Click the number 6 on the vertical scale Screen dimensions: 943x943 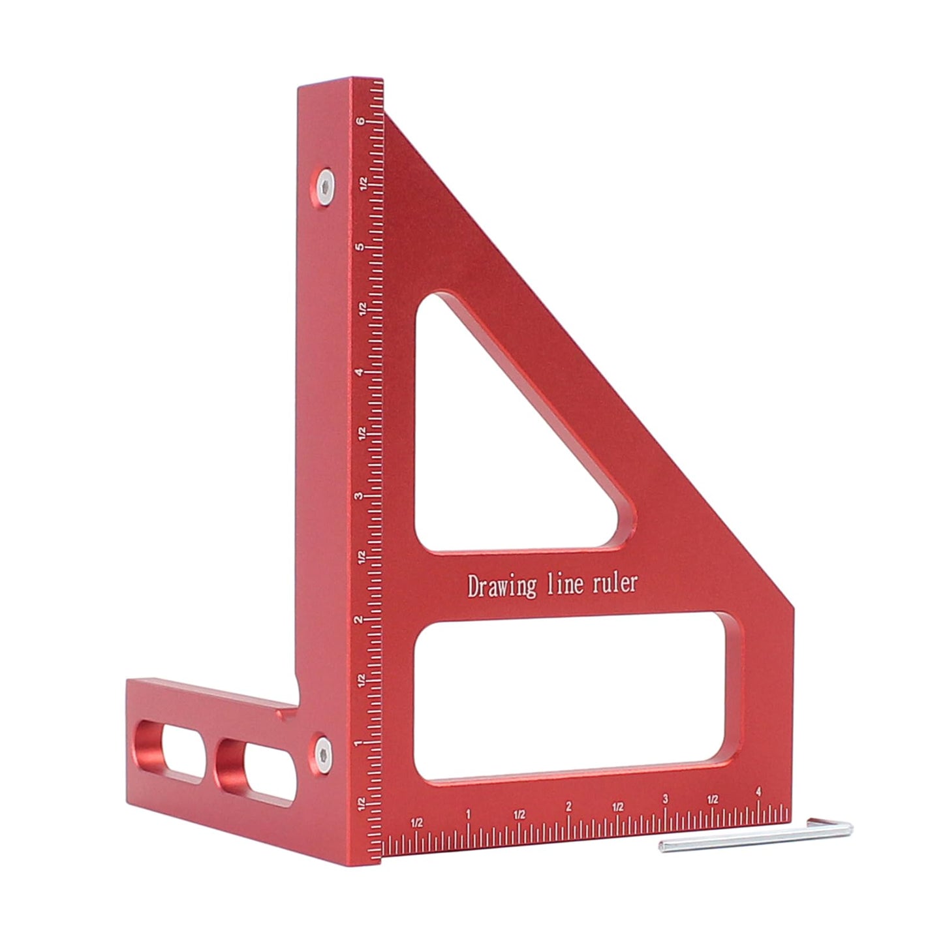tap(360, 121)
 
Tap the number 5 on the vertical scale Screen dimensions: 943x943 tap(360, 247)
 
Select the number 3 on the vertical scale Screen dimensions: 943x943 tap(360, 496)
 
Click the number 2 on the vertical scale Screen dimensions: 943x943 tap(360, 619)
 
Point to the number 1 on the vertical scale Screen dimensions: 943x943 tap(360, 743)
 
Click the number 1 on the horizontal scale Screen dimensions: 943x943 tap(468, 813)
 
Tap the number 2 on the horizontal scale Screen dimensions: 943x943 tap(568, 807)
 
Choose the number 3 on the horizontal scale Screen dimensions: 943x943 tap(665, 799)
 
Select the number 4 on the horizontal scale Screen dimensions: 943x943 tap(758, 792)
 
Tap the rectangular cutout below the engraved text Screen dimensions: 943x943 tap(578, 698)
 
